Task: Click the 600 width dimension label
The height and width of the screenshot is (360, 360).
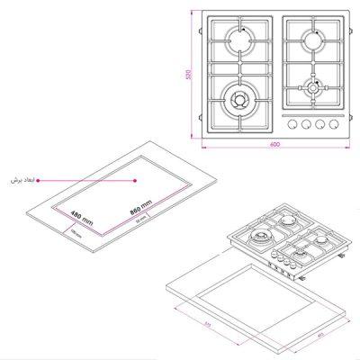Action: [x=274, y=146]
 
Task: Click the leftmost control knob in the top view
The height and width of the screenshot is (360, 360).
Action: [x=293, y=124]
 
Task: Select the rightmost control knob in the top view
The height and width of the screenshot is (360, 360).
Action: [x=337, y=124]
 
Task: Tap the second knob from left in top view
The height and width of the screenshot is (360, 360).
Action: [x=308, y=124]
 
